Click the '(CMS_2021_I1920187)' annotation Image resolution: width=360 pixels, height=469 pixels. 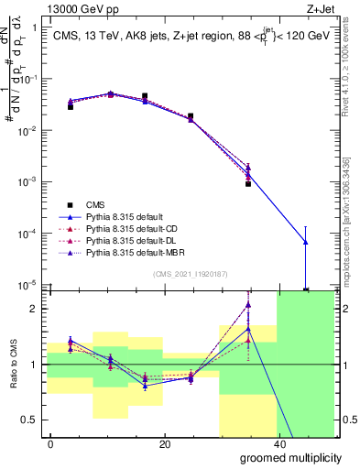pyautogui.click(x=189, y=272)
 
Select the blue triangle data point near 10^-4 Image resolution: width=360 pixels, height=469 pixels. pyautogui.click(x=305, y=242)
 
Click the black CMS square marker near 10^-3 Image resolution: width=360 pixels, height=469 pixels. pyautogui.click(x=248, y=184)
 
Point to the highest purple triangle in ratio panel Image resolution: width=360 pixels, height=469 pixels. pyautogui.click(x=248, y=304)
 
